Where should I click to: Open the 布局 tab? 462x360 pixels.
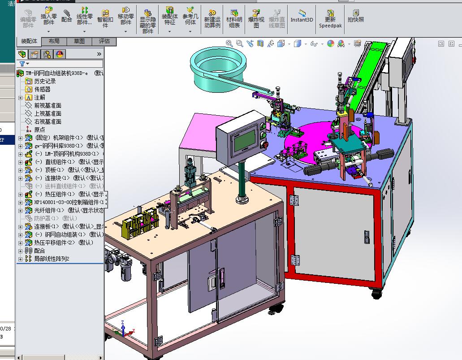[x=54, y=41]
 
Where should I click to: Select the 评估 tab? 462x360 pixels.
[x=104, y=41]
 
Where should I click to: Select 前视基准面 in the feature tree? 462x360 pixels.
[x=47, y=105]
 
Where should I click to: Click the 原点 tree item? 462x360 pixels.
[x=39, y=130]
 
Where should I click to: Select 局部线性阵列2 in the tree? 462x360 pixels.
[x=52, y=259]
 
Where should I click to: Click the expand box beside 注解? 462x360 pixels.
[x=20, y=97]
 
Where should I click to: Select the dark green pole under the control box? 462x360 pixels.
[x=242, y=179]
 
